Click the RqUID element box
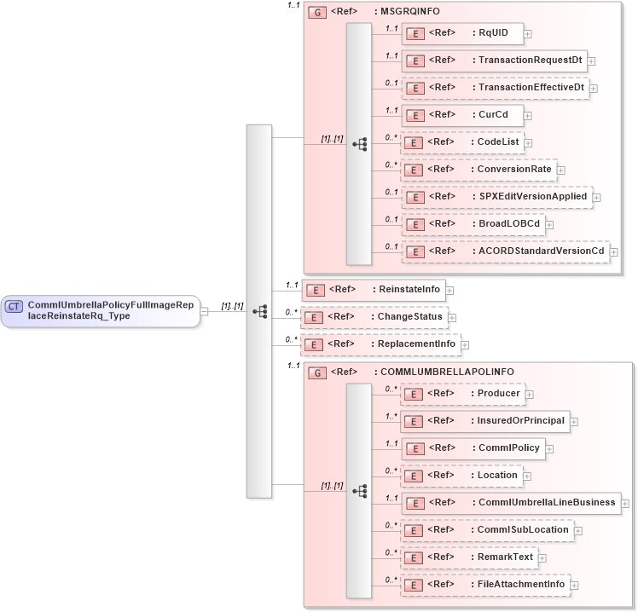coord(461,33)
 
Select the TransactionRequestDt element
coord(494,61)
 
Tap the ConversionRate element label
coord(513,170)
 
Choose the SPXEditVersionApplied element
coord(496,197)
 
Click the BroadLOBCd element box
coord(473,224)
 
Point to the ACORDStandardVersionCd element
coord(505,251)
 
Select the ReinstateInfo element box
coord(374,290)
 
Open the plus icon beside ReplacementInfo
coord(467,345)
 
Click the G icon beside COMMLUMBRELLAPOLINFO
coord(316,372)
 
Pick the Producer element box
coord(461,394)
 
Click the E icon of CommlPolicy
coord(415,448)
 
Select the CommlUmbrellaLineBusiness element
coord(511,503)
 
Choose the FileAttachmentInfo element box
coord(485,585)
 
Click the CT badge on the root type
coord(14,306)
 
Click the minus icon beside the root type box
coord(204,311)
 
